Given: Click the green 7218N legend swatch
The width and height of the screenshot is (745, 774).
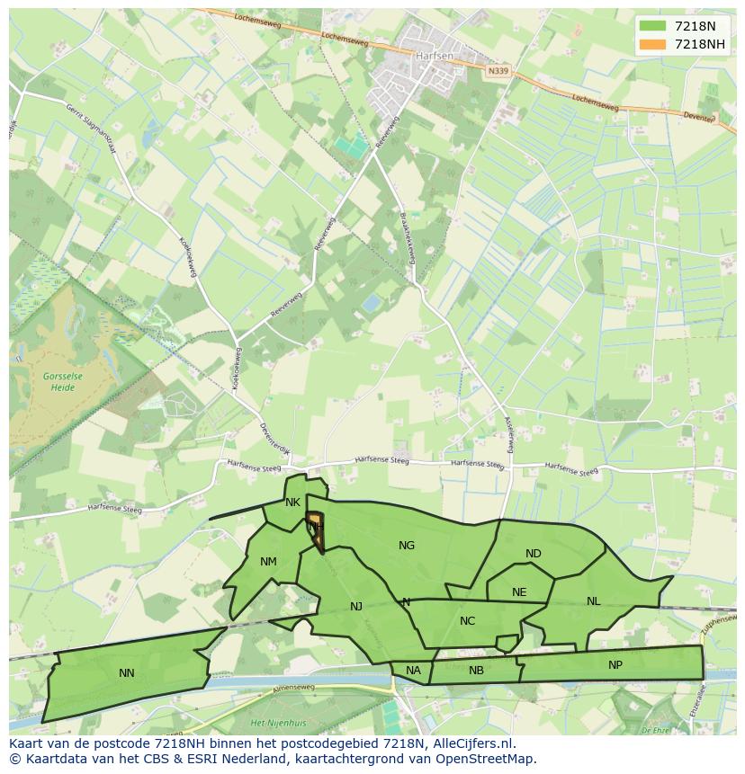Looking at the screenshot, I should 652,26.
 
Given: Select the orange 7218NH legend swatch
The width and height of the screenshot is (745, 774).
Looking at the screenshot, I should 652,44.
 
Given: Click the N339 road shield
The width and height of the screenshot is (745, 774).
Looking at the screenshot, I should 498,70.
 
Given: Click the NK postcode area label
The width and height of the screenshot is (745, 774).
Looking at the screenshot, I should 292,503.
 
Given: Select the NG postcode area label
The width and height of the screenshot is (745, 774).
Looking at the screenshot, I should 407,546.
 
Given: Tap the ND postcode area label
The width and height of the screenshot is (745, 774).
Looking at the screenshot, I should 534,554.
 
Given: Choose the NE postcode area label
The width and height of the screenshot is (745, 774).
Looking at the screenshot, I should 519,592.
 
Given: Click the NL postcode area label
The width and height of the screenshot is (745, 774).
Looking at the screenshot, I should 593,601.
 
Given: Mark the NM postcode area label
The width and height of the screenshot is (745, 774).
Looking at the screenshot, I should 268,563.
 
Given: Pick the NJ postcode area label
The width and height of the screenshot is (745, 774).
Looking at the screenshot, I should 356,607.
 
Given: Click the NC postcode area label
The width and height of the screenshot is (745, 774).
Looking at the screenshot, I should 467,621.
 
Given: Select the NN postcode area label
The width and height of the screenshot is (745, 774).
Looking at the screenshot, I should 127,672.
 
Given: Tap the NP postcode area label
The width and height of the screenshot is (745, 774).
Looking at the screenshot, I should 615,665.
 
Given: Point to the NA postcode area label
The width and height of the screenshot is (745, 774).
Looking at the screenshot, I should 413,671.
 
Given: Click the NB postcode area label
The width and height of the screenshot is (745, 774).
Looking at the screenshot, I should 476,671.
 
